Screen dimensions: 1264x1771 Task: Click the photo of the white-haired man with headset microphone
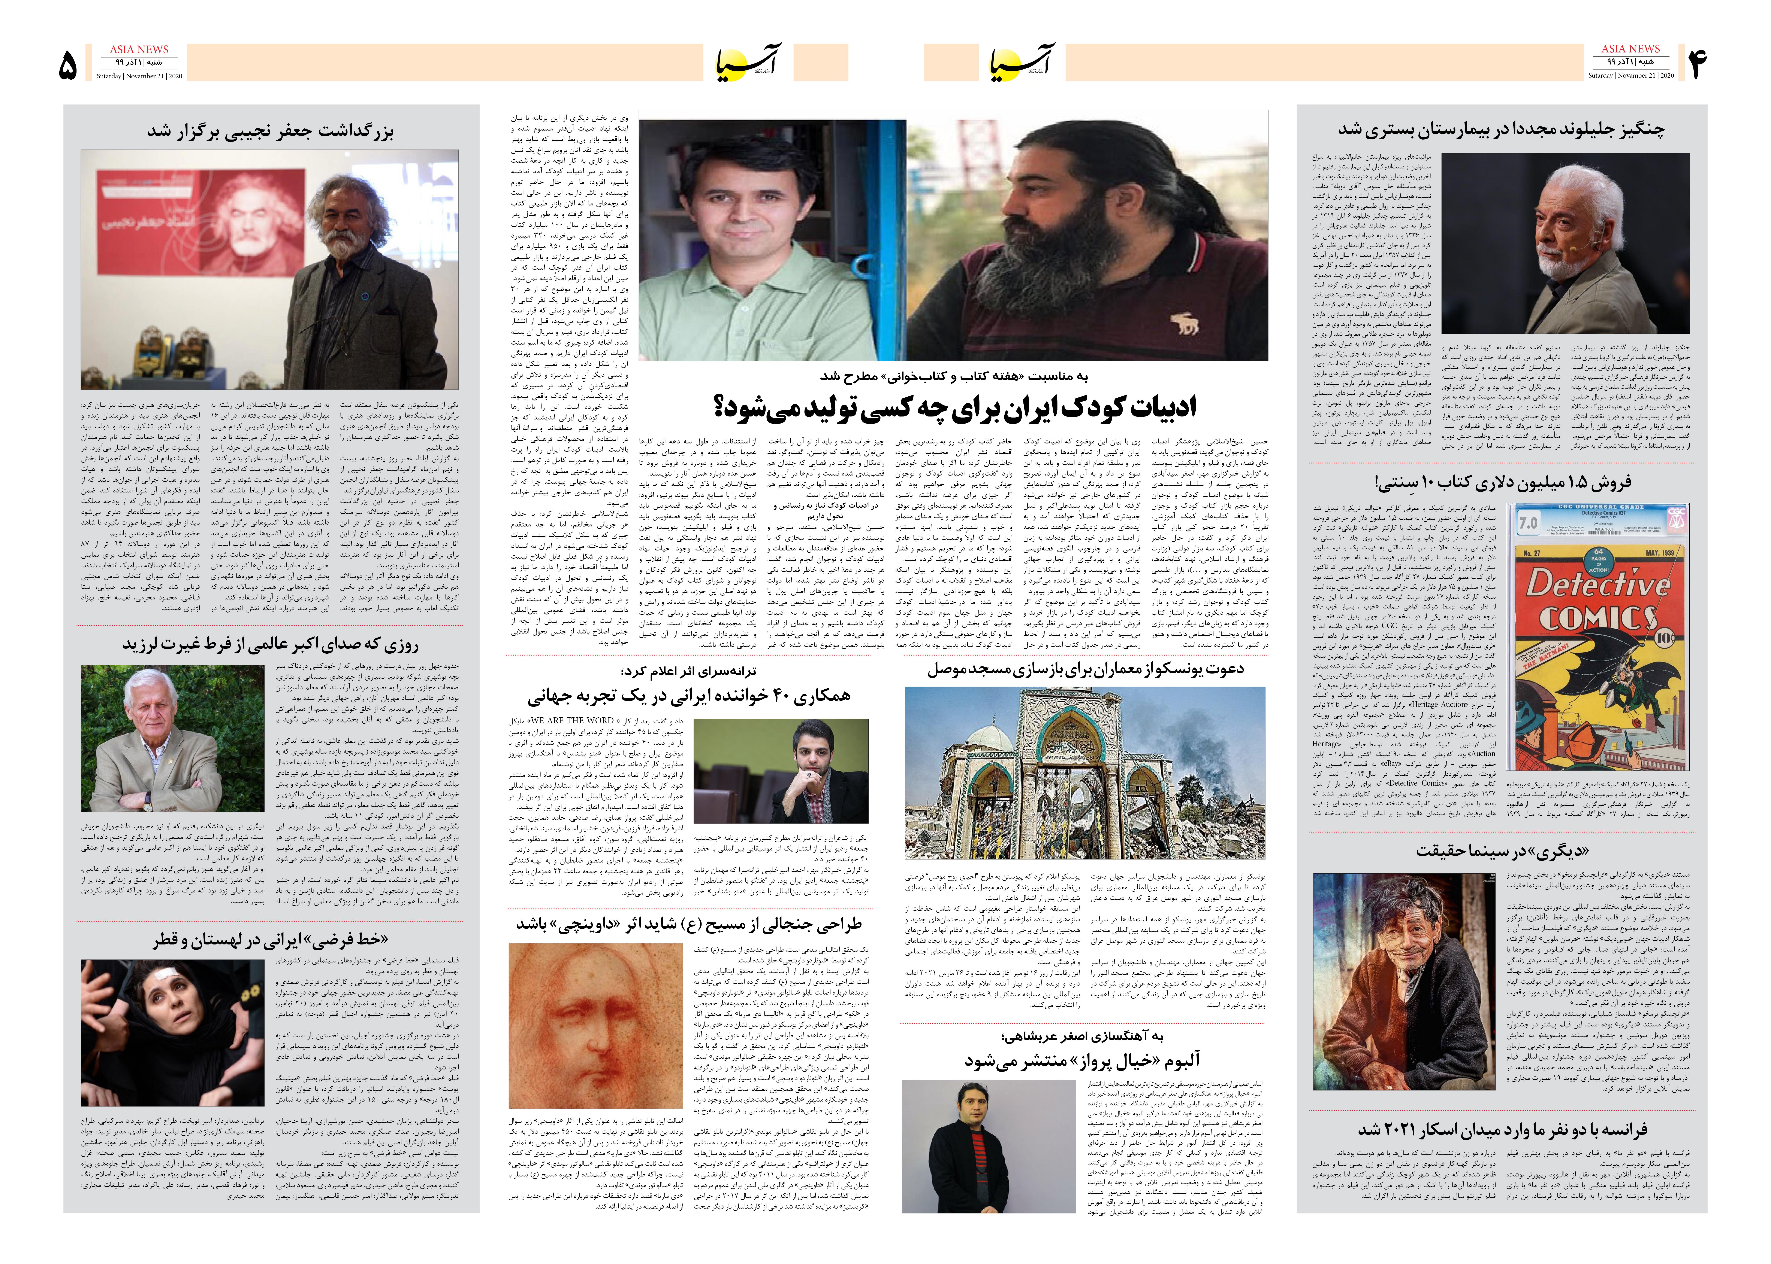point(1565,243)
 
